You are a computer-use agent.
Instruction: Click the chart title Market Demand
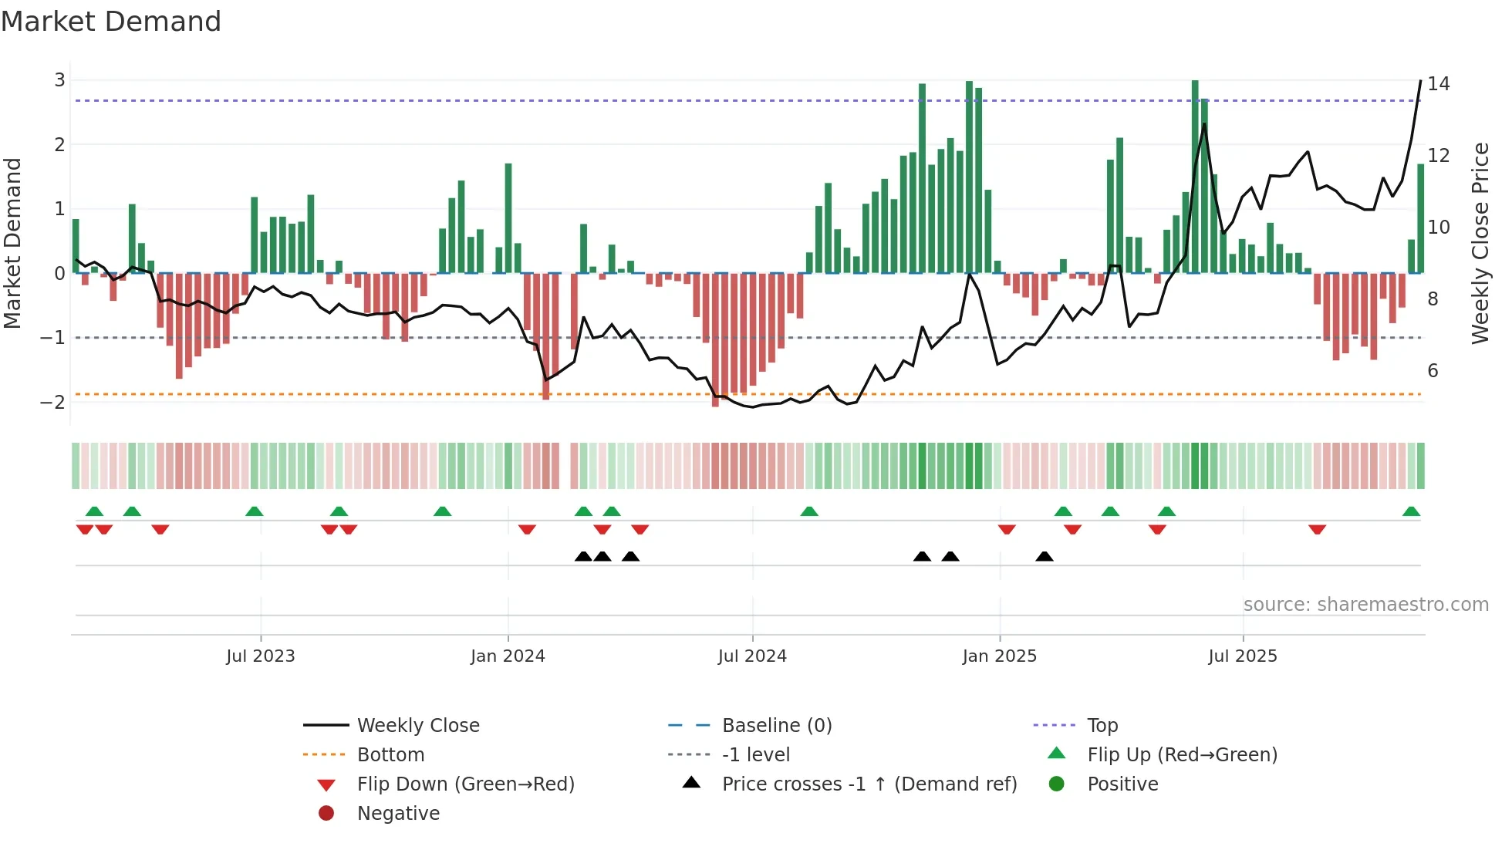[111, 22]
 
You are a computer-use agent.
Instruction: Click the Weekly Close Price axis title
[1480, 243]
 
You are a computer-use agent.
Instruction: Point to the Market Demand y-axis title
[13, 243]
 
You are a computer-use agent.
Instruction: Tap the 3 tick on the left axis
[59, 80]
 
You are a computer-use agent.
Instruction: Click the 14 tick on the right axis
[1438, 83]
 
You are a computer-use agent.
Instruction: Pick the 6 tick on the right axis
[1433, 371]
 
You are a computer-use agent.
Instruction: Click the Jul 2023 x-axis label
[261, 656]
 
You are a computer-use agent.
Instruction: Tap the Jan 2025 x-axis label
[1000, 656]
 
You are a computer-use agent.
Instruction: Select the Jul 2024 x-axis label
[752, 656]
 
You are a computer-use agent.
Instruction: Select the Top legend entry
[1102, 726]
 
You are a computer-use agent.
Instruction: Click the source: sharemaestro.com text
[1365, 605]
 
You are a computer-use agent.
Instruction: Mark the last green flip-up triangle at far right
[1411, 511]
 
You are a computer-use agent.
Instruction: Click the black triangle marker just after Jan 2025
[1045, 557]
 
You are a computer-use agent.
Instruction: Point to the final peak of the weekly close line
[1420, 81]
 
